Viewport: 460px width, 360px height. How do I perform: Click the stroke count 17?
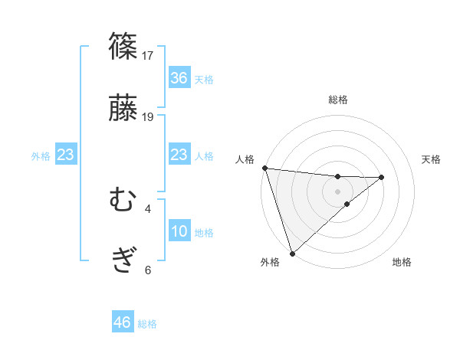pyautogui.click(x=149, y=55)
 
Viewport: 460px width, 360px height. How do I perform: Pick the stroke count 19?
pyautogui.click(x=149, y=117)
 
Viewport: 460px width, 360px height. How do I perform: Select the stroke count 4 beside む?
pyautogui.click(x=148, y=208)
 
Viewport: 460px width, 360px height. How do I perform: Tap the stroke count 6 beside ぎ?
pyautogui.click(x=148, y=270)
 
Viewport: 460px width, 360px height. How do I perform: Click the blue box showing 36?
pyautogui.click(x=179, y=78)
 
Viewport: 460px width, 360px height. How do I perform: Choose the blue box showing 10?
pyautogui.click(x=179, y=231)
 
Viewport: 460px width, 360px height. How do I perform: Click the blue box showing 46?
pyautogui.click(x=123, y=322)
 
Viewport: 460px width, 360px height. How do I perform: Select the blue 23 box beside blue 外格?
pyautogui.click(x=66, y=155)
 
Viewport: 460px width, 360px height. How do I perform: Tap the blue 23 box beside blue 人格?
pyautogui.click(x=179, y=155)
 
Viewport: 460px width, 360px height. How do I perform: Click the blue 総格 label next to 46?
pyautogui.click(x=147, y=324)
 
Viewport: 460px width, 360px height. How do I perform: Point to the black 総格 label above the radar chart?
pyautogui.click(x=338, y=100)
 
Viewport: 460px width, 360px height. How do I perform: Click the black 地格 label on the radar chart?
pyautogui.click(x=402, y=263)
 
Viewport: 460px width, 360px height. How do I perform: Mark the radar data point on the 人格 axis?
pyautogui.click(x=264, y=168)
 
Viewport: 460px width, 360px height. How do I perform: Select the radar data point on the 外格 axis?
pyautogui.click(x=292, y=253)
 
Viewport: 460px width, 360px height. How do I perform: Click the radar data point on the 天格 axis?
pyautogui.click(x=382, y=177)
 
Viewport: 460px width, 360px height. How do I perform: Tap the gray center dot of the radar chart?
pyautogui.click(x=338, y=191)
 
